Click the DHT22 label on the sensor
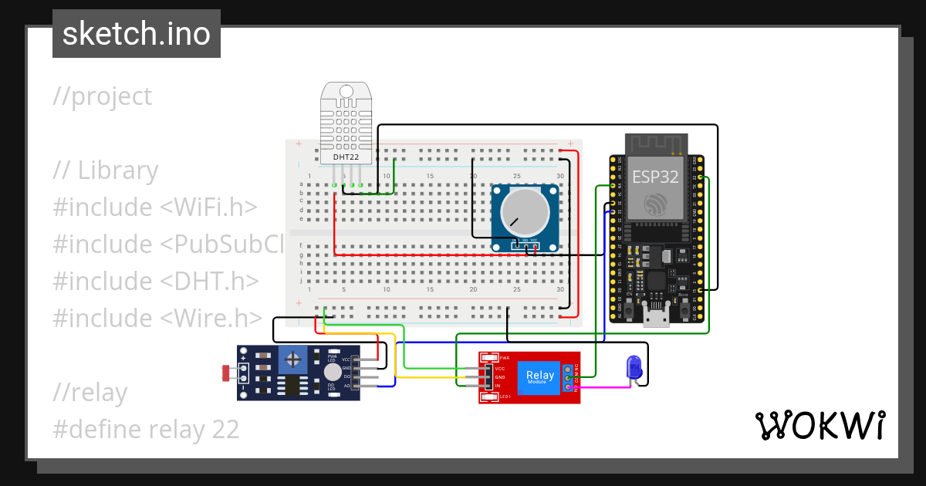(346, 157)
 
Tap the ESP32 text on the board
(655, 177)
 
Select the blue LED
(634, 366)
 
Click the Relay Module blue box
(539, 377)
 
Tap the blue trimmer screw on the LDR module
(292, 359)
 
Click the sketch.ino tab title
(137, 34)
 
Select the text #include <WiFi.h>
(154, 208)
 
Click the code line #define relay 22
(146, 430)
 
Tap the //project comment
(103, 96)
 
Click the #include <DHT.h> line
(155, 282)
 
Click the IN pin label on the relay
(498, 386)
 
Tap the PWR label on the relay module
(505, 358)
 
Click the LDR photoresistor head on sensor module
(229, 373)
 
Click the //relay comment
(90, 393)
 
